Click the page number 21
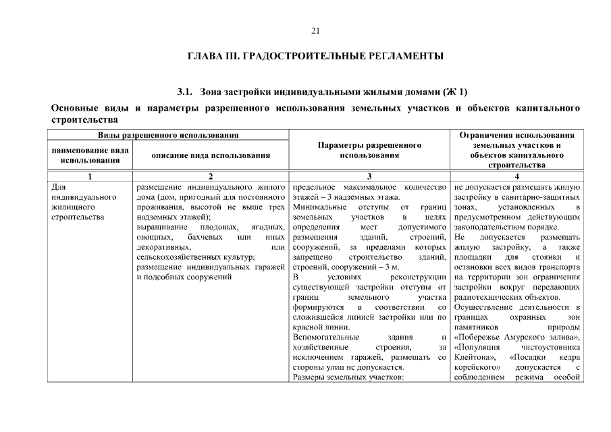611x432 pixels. tap(315, 30)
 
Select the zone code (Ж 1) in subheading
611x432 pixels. tap(454, 91)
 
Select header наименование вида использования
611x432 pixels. tap(90, 155)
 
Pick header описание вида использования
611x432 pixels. tap(211, 155)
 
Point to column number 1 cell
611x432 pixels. tap(90, 176)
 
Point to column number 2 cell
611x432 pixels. tap(211, 176)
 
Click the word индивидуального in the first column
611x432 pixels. tap(80, 197)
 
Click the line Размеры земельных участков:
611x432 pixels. tap(348, 377)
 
